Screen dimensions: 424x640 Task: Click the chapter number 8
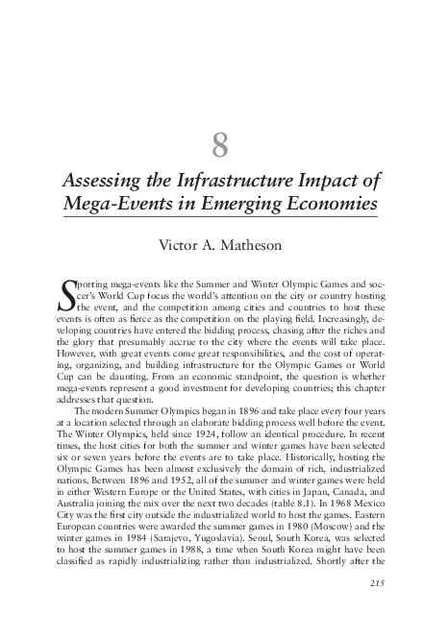[219, 147]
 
